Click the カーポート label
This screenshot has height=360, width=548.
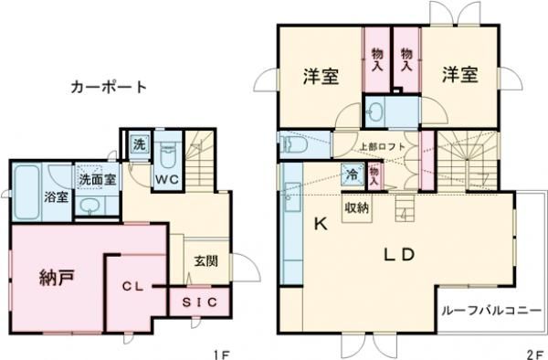109,88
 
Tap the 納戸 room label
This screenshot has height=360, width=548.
57,277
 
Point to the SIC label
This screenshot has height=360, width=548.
193,302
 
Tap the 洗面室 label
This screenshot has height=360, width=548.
96,180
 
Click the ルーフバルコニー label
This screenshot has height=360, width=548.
490,311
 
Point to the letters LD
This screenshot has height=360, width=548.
395,252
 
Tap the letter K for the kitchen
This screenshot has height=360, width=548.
321,222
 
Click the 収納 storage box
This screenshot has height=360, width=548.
356,207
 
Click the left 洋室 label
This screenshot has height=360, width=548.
321,78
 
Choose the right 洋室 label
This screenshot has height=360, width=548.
461,76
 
